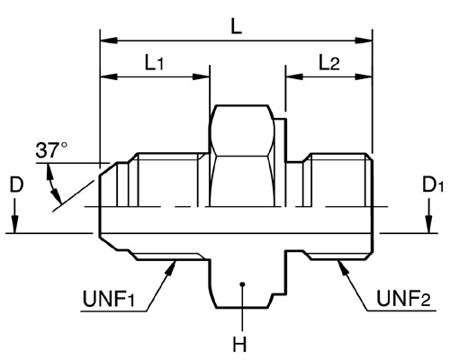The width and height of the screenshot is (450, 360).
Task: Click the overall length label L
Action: click(237, 27)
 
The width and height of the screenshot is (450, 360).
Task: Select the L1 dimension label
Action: click(155, 63)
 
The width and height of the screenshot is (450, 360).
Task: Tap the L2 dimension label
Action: click(329, 63)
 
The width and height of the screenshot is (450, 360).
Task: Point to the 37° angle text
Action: click(51, 150)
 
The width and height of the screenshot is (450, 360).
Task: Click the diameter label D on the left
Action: click(16, 184)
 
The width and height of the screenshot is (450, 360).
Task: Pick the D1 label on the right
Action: click(432, 184)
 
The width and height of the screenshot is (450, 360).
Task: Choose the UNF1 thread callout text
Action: click(109, 299)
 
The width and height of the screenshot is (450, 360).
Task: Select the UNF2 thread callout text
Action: click(403, 299)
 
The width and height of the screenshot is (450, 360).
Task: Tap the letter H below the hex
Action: click(239, 344)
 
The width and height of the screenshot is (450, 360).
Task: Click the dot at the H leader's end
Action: click(243, 283)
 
